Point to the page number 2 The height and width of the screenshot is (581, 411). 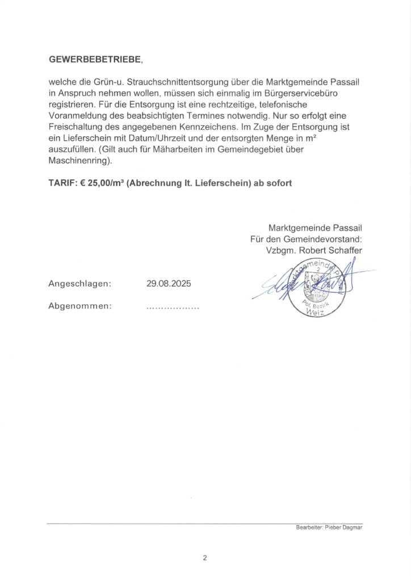[205, 558]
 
